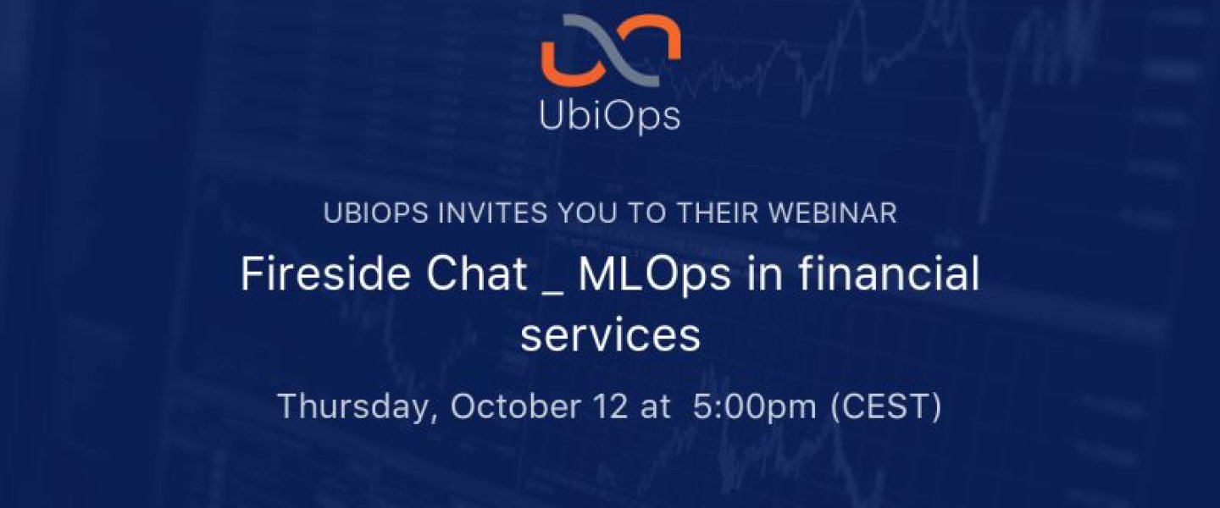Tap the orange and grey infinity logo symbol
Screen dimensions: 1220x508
pos(611,51)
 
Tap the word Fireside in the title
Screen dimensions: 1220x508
pos(325,273)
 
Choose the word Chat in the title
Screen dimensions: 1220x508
pos(476,273)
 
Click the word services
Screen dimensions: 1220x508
pos(610,336)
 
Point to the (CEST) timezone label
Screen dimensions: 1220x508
pos(886,407)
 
